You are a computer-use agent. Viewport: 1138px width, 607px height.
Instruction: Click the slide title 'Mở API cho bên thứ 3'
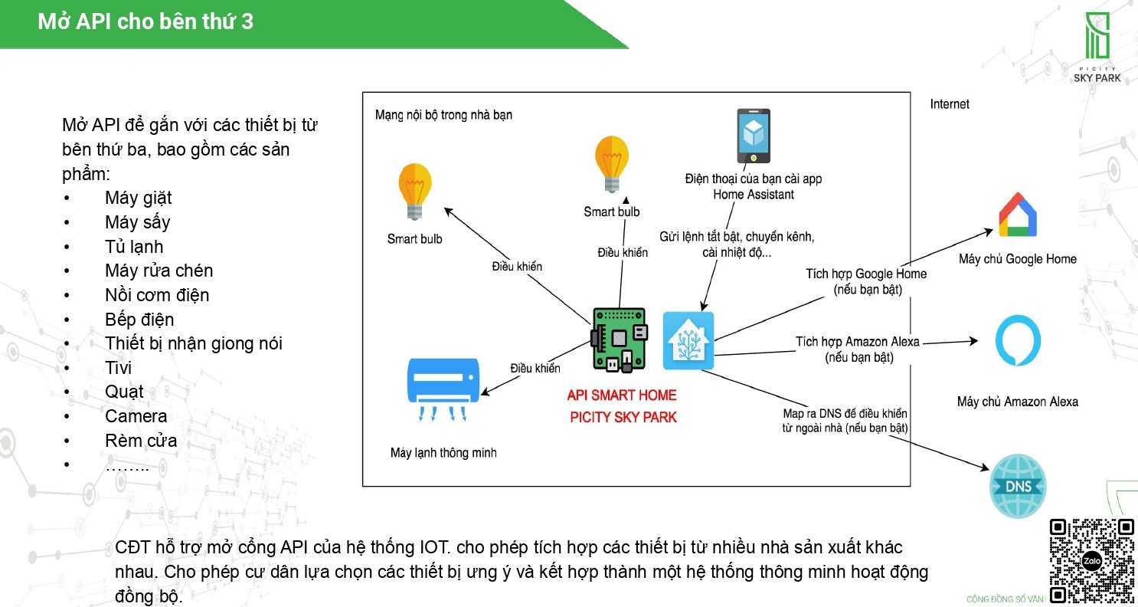tap(146, 21)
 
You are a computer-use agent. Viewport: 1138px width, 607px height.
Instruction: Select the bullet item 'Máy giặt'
tap(138, 198)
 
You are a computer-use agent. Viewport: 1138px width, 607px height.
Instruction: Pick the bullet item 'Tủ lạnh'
tap(134, 247)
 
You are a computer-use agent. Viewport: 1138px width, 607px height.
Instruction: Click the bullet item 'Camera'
tap(136, 416)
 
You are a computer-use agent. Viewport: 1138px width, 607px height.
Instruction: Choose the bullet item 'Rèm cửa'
tap(141, 441)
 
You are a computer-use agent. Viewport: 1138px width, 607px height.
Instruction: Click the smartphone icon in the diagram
tap(754, 136)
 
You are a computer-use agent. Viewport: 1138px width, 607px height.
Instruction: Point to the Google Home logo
tap(1017, 215)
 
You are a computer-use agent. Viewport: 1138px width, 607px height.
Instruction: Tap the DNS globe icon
tap(1017, 486)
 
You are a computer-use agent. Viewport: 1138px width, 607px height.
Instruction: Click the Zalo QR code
tap(1091, 561)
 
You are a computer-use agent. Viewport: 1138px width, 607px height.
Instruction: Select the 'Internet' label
tap(950, 104)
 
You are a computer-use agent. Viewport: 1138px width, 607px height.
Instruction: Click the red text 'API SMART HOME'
tap(622, 395)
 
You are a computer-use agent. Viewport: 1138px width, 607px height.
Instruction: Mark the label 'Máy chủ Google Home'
tap(1017, 259)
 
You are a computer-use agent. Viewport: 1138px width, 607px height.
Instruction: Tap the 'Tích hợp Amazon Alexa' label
tap(858, 342)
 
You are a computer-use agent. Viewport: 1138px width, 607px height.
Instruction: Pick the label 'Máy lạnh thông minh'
tap(443, 453)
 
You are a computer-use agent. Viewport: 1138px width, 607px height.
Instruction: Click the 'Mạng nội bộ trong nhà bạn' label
tap(443, 115)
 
